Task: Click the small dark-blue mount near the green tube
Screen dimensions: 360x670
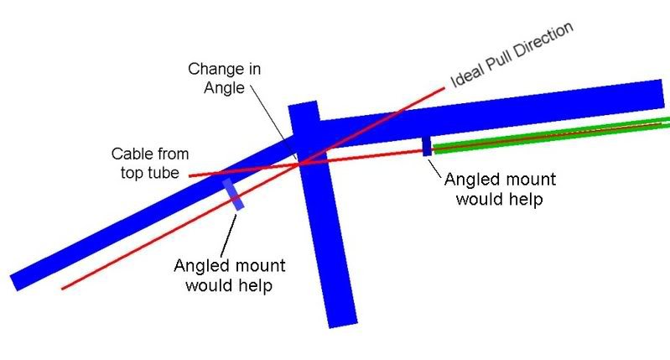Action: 427,146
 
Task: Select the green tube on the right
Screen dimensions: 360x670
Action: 545,137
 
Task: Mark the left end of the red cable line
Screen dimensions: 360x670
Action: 191,175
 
